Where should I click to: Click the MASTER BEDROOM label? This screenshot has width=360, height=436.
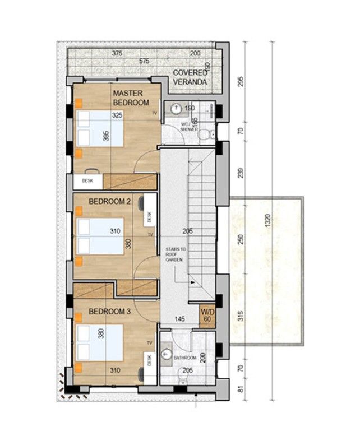[131, 98]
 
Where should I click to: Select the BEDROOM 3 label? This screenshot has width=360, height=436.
[109, 311]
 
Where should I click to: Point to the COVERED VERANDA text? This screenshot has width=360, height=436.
[190, 77]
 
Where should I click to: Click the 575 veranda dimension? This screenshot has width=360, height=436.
[144, 61]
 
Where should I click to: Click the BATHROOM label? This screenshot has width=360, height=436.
[184, 358]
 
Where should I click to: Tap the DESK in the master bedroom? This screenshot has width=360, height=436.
[87, 180]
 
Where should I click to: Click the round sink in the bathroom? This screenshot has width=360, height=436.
[167, 354]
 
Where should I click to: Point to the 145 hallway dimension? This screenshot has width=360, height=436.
[179, 319]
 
